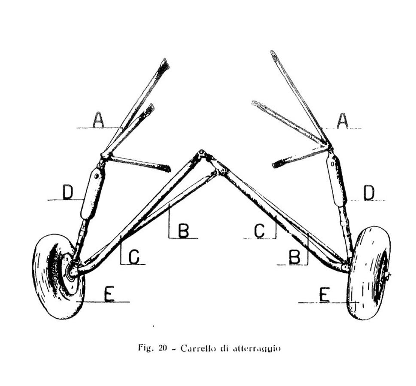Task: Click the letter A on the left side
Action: [x=98, y=120]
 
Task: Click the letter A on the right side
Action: [x=342, y=121]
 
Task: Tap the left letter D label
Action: [x=68, y=192]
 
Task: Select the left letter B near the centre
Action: [x=183, y=230]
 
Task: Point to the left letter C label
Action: [x=134, y=257]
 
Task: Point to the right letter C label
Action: [x=259, y=231]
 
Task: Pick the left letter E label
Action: [x=109, y=294]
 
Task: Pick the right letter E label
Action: [x=324, y=295]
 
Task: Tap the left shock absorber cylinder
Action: [x=93, y=193]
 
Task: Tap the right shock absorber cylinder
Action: [x=337, y=180]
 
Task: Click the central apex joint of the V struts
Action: [x=202, y=154]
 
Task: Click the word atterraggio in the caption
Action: [x=257, y=349]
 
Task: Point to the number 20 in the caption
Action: [x=162, y=348]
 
